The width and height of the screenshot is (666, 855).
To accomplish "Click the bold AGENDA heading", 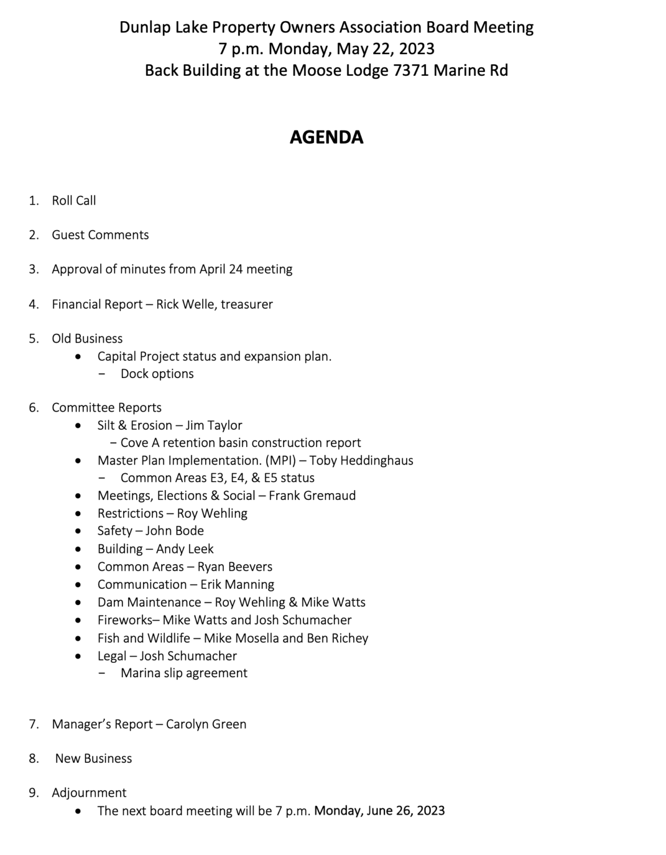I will (326, 137).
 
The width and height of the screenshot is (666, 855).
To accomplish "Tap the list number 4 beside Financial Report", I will (34, 304).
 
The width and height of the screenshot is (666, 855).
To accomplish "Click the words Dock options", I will (157, 373).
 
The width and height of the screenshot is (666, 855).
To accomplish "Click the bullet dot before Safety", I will (78, 531).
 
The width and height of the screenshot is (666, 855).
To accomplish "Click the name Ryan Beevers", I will (235, 567).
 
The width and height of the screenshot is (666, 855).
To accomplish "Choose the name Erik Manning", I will (237, 584).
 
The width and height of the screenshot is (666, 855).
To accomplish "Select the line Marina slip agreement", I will (184, 673).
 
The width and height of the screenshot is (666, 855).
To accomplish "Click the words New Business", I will (93, 758).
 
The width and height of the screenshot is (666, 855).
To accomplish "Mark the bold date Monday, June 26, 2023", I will (379, 811).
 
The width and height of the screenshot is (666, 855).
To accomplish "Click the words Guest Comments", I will (100, 235).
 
